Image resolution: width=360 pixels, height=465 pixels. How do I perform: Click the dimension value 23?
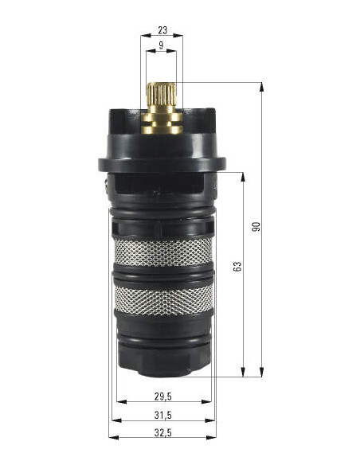click(162, 30)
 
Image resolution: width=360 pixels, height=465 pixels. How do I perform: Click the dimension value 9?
click(161, 45)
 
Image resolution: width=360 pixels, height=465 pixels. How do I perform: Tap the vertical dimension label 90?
click(256, 227)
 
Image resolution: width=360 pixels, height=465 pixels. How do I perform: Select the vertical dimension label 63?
click(237, 266)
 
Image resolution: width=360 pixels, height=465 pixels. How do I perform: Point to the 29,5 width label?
click(162, 397)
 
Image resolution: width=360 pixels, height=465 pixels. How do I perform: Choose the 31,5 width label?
click(162, 415)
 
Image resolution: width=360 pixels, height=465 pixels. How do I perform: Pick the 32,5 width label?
click(162, 432)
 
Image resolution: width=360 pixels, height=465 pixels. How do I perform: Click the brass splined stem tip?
click(162, 93)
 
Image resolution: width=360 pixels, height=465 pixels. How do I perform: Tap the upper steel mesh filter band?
click(163, 252)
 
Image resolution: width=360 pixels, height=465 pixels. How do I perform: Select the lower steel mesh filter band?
click(164, 300)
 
